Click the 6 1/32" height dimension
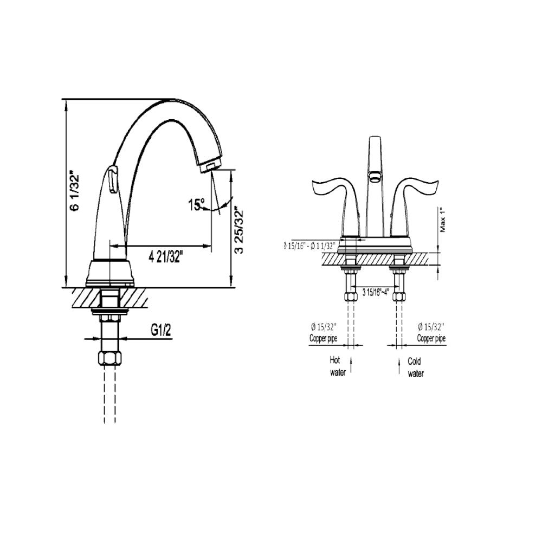[x=75, y=192]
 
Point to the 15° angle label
[x=196, y=205]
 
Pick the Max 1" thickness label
[x=443, y=220]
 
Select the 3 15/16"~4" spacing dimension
[x=376, y=292]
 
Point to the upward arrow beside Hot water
[x=352, y=366]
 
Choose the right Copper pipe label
[x=431, y=338]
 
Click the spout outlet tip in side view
[x=210, y=165]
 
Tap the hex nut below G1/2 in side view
[x=110, y=358]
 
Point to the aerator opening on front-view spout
[x=373, y=175]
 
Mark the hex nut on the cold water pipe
[x=399, y=296]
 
